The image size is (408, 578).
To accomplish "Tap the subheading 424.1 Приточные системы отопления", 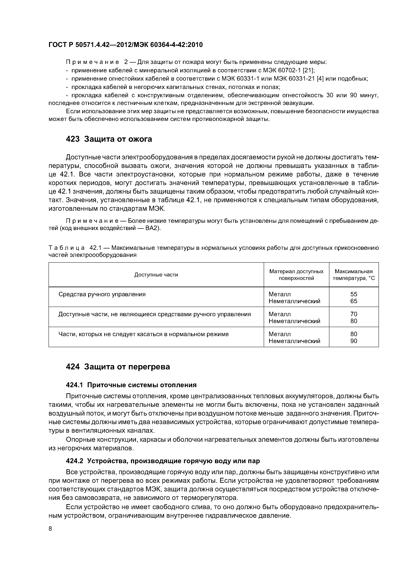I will tap(131, 385).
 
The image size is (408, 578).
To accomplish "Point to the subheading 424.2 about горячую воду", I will tap(163, 461).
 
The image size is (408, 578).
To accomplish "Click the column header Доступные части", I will tap(156, 275).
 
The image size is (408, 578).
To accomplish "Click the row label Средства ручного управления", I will tap(102, 294).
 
